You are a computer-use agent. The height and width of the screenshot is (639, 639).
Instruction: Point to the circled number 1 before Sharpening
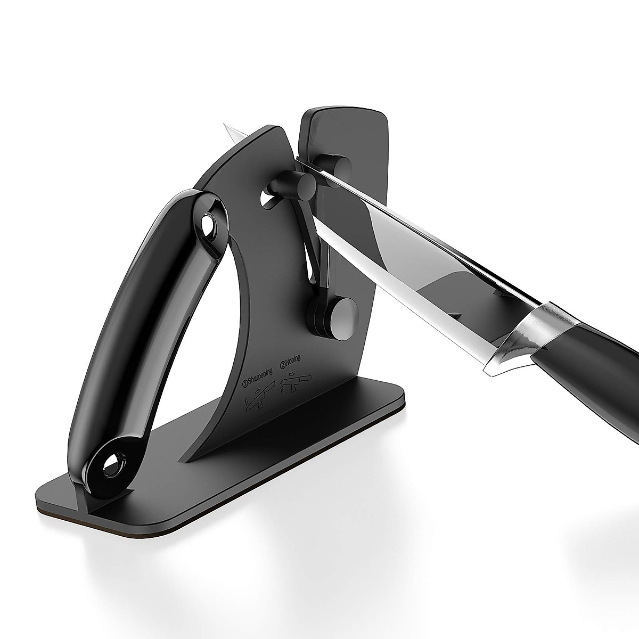pyautogui.click(x=246, y=382)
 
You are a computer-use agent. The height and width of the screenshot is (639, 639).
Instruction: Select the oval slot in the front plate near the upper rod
pyautogui.click(x=268, y=200)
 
